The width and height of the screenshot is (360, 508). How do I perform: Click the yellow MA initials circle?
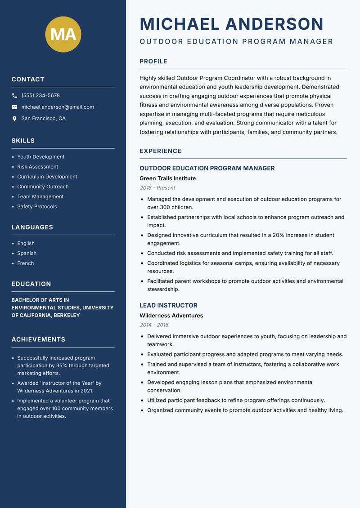pos(63,34)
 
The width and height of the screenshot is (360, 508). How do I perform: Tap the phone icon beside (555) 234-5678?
pos(14,96)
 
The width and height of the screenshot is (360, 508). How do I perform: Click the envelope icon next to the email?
pos(14,107)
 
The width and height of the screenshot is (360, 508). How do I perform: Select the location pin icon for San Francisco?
pos(14,119)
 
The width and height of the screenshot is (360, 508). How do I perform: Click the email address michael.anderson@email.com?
pos(58,107)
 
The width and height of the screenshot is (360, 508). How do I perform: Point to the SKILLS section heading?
pos(23,141)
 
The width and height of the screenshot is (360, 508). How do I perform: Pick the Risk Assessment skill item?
pos(37,167)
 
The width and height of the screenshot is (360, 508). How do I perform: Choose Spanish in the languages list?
pos(27,254)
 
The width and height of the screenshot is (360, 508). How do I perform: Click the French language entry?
pos(25,263)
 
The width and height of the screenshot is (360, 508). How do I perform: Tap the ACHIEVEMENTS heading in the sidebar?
pos(38,339)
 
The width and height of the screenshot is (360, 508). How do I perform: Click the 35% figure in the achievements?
pos(62,365)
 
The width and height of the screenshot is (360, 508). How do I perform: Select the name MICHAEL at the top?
pos(180,24)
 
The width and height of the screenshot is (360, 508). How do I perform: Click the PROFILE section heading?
pos(153,62)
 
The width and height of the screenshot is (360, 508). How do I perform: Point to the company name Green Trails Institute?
pos(167,178)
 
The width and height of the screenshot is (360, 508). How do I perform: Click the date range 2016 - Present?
pos(157,188)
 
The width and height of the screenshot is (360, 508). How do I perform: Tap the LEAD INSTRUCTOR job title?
pos(168,305)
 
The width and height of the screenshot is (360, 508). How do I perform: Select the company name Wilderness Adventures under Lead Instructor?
pos(171,316)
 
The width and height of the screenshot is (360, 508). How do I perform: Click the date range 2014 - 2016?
pos(154,325)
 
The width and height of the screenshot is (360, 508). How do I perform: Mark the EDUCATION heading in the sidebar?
pos(31,284)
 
